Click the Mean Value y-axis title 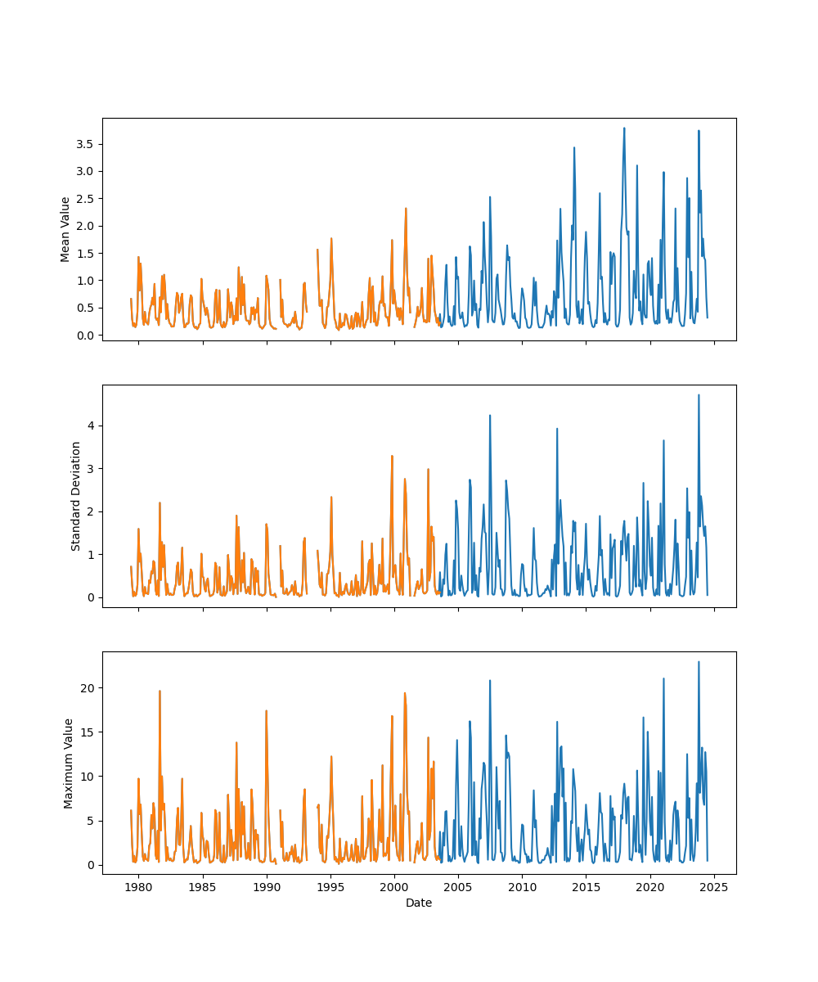pos(65,229)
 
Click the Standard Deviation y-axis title pos(76,496)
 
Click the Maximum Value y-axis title pos(69,763)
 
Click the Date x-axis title pos(419,903)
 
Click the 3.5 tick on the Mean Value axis pos(85,144)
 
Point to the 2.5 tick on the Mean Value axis pos(85,199)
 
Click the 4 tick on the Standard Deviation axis pos(92,426)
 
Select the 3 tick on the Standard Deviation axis pos(92,469)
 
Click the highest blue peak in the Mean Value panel pos(624,128)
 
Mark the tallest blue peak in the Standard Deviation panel pos(699,395)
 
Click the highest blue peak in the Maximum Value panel pos(699,662)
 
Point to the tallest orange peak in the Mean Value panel pos(406,209)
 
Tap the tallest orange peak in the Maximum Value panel pos(160,691)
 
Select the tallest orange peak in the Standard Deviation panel pos(392,456)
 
